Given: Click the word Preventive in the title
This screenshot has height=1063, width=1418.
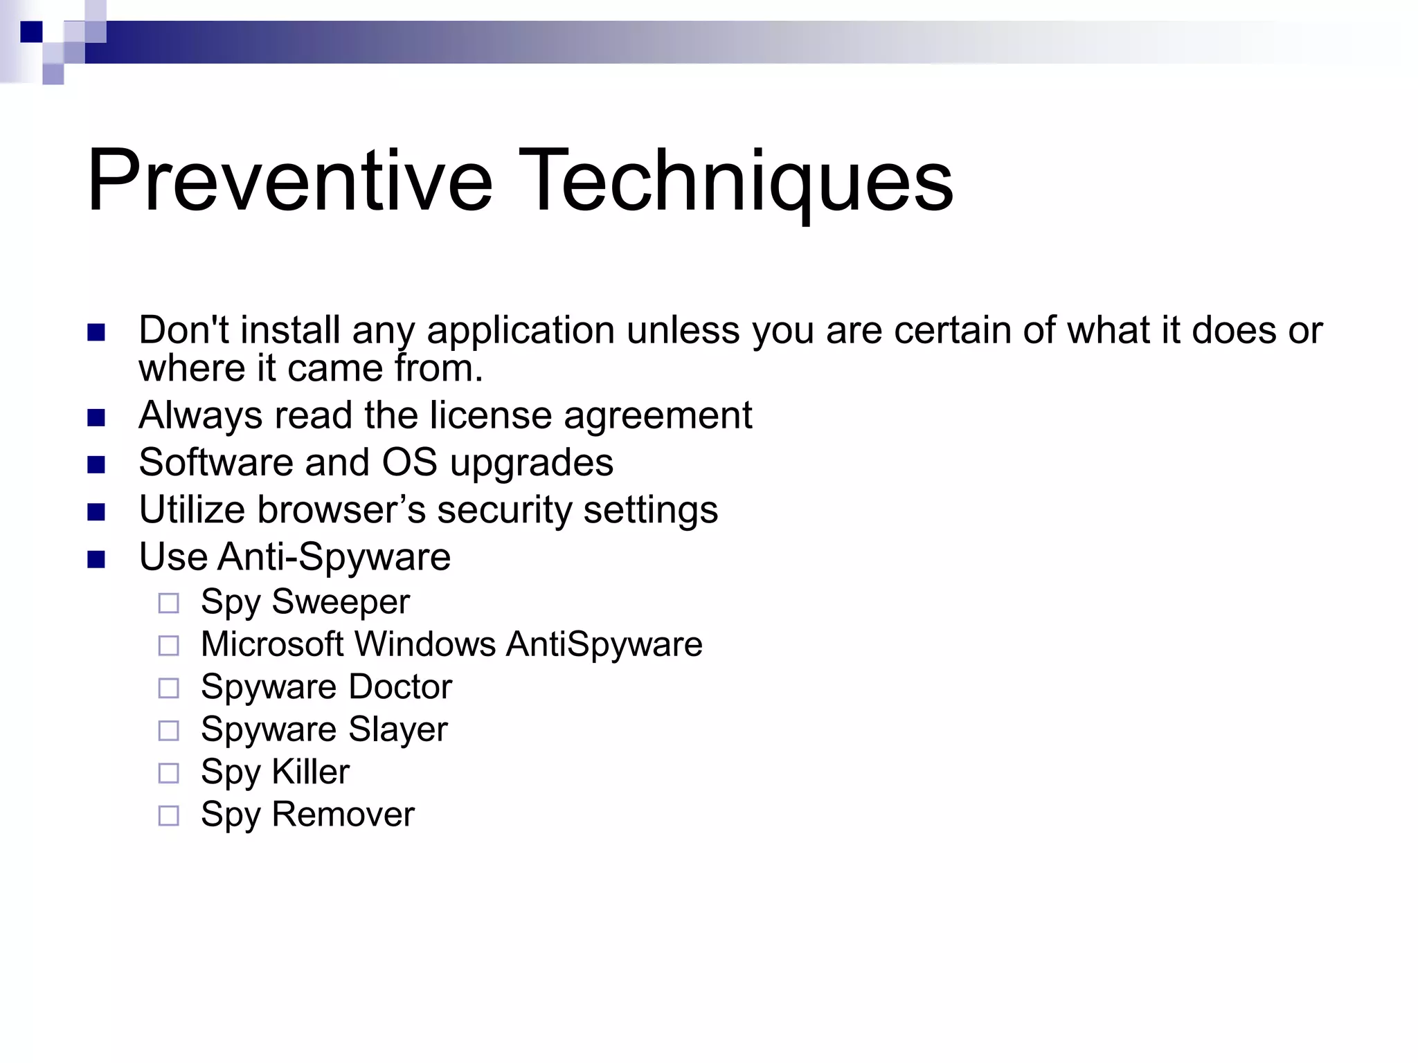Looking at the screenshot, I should pos(289,181).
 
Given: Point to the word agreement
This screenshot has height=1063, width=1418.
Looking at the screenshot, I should pos(658,416).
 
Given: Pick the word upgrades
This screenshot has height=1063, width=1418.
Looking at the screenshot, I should pos(532,464).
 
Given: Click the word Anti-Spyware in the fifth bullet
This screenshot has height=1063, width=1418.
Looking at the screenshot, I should pos(334,558).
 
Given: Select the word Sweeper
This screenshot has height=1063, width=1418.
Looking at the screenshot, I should pos(341,602).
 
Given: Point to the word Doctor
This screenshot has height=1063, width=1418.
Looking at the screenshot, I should pos(400,687).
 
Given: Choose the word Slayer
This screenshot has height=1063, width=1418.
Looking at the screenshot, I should pos(398,730).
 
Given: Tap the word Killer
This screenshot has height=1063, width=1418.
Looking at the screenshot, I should pos(311,772).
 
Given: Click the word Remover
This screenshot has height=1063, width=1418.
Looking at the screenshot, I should pos(343,815).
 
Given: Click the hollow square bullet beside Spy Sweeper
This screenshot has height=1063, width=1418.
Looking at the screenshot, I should pos(168,603).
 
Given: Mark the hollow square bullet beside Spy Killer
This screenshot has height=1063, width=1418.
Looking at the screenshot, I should pos(168,773).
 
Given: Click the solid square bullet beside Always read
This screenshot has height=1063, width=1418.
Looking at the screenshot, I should pos(96,417).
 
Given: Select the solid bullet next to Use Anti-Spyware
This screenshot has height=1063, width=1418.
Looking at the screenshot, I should pos(96,558).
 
